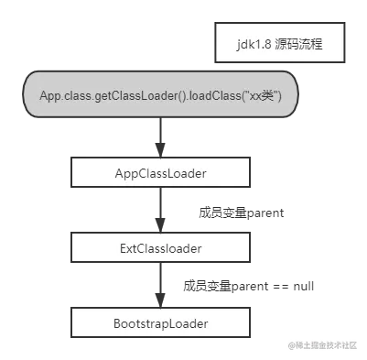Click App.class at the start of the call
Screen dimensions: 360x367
(63, 96)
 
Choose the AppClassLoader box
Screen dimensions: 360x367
(160, 170)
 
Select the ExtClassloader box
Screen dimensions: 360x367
(160, 247)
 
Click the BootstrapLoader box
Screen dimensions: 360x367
(160, 323)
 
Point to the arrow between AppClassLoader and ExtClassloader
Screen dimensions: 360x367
(161, 210)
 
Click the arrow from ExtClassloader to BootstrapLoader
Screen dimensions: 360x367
(161, 285)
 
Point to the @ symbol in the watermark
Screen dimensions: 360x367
(289, 344)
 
